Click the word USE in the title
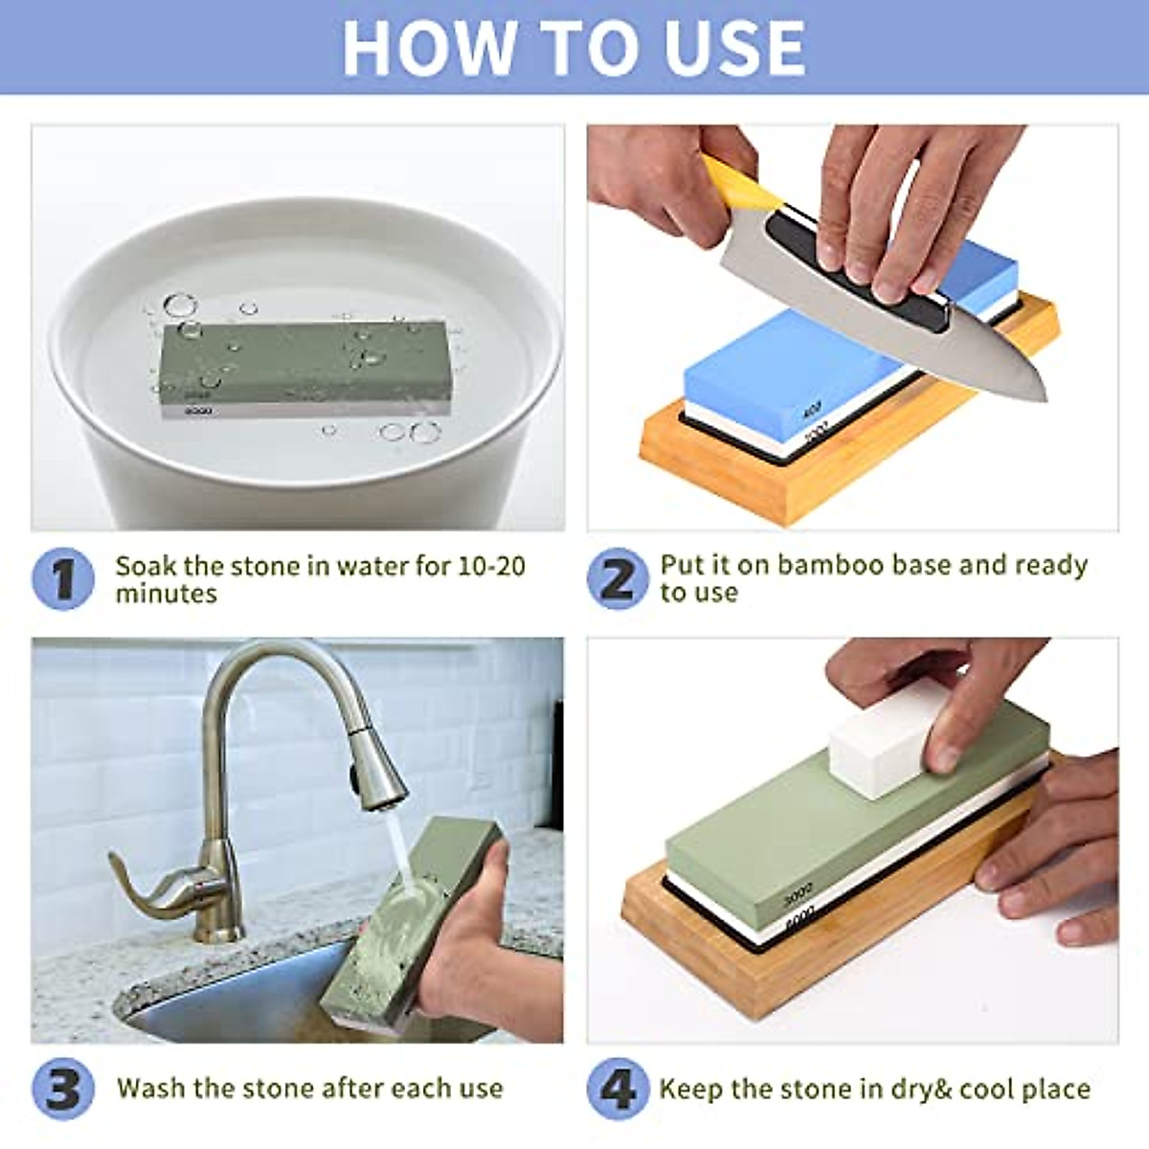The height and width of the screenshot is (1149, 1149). tap(724, 47)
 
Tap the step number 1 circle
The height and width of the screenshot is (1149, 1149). tap(63, 579)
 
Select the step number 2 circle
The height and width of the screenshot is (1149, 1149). tap(619, 579)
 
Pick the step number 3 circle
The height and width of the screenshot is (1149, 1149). tap(63, 1089)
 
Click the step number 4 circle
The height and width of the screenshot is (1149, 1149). tap(619, 1089)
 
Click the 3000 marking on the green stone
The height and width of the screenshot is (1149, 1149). tap(798, 898)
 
